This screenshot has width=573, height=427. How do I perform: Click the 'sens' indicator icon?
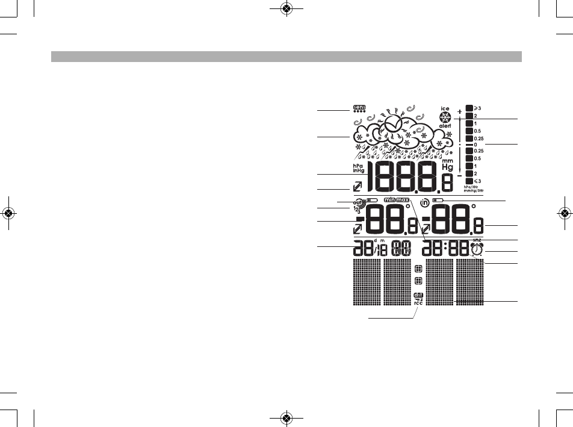pos(360,107)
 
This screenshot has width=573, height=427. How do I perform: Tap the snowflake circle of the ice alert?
pos(445,117)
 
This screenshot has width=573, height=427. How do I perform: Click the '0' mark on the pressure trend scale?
pos(475,145)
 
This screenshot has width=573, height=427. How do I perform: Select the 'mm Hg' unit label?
pos(447,164)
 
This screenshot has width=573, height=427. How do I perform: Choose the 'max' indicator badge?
pos(402,199)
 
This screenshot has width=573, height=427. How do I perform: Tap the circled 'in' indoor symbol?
pos(425,202)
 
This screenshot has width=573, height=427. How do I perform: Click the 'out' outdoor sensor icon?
pos(358,203)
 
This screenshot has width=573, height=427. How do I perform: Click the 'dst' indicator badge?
pos(418,295)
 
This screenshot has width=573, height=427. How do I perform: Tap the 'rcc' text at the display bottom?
pos(418,302)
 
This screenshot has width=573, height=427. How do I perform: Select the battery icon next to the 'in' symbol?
pos(438,199)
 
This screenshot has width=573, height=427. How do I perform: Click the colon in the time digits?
pos(446,249)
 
